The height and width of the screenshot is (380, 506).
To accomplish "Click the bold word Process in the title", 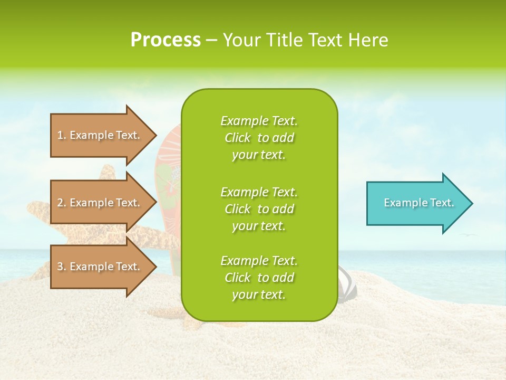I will (x=166, y=40).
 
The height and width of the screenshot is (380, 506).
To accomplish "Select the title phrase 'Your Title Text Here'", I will (x=305, y=40).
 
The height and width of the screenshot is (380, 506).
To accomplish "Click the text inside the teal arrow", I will (x=419, y=203).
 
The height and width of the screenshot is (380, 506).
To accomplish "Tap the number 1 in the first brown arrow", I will (x=60, y=135).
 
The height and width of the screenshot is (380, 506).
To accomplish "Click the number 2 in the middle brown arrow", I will (x=60, y=203).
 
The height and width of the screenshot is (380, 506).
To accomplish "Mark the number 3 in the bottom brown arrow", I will (x=60, y=267).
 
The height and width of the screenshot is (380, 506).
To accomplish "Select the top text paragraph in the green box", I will (x=259, y=138).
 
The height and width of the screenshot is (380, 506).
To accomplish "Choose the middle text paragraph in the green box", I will (x=259, y=209).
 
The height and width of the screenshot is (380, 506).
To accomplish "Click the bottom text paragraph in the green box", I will (x=259, y=278).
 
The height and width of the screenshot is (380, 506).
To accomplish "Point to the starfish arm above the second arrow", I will (x=108, y=172).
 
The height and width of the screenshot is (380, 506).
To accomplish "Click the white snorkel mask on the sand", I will (x=347, y=282).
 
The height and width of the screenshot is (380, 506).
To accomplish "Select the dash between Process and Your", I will (x=211, y=41).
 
